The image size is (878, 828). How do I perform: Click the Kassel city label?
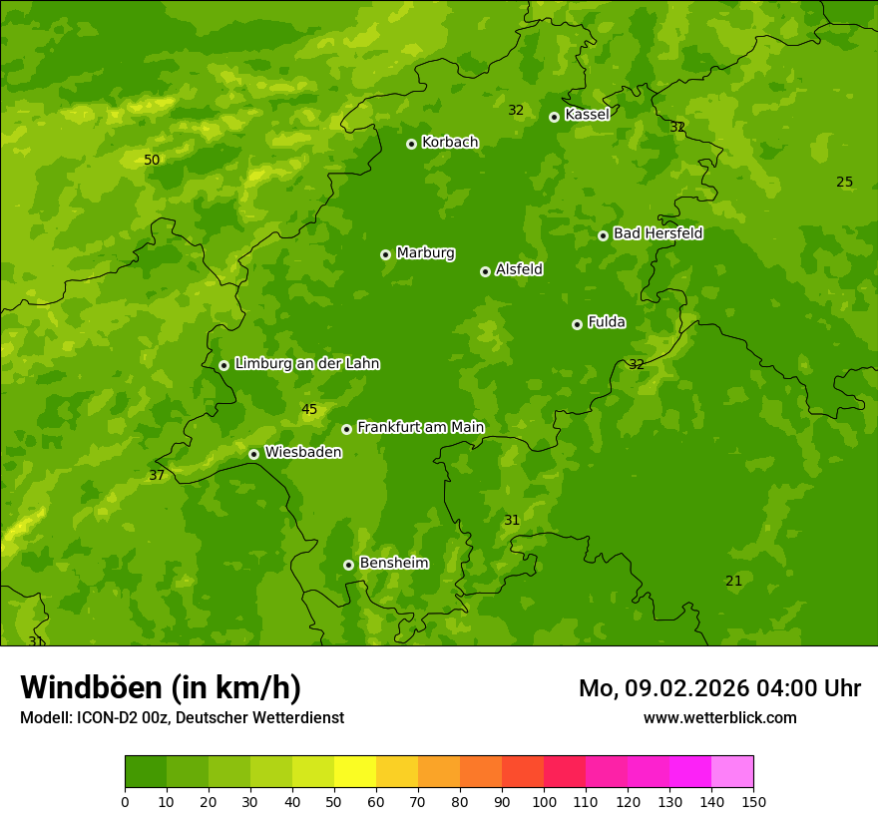pyautogui.click(x=587, y=115)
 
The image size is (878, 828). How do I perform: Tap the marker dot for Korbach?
pyautogui.click(x=411, y=144)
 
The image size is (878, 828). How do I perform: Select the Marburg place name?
pyautogui.click(x=425, y=253)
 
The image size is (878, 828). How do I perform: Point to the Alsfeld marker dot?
pyautogui.click(x=485, y=271)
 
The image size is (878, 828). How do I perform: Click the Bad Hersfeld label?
pyautogui.click(x=658, y=233)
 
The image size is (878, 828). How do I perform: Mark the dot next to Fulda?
pyautogui.click(x=577, y=324)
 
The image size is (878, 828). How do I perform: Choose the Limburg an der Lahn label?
pyautogui.click(x=306, y=364)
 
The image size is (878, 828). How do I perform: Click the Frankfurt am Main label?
pyautogui.click(x=420, y=428)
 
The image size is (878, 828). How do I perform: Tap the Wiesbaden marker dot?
pyautogui.click(x=253, y=454)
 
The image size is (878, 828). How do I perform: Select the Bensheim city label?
pyautogui.click(x=393, y=564)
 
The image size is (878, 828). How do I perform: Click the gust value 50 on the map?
pyautogui.click(x=152, y=160)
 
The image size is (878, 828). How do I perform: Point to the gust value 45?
pyautogui.click(x=309, y=410)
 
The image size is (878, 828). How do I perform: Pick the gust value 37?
pyautogui.click(x=157, y=476)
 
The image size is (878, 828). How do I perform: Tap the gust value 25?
pyautogui.click(x=844, y=182)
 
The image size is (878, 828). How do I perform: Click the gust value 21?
pyautogui.click(x=733, y=581)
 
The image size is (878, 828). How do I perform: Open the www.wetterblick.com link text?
pyautogui.click(x=719, y=718)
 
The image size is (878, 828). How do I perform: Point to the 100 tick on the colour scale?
pyautogui.click(x=544, y=801)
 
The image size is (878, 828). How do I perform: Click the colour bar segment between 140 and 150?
pyautogui.click(x=732, y=772)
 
